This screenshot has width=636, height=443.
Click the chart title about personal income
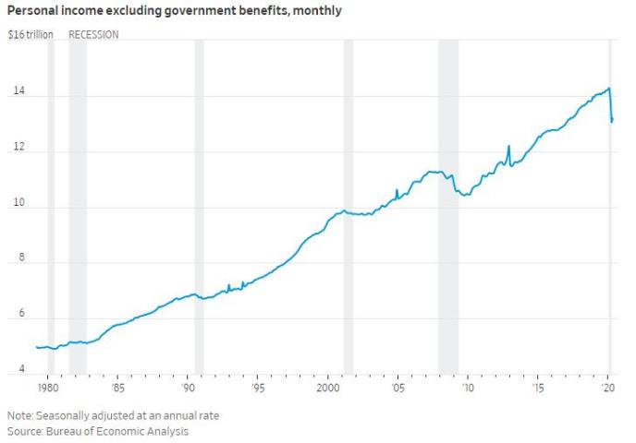175,11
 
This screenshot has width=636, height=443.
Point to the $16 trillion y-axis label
31,35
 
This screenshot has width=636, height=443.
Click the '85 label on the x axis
117,389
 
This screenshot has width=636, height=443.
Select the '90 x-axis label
188,389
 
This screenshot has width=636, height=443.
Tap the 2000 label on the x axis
328,389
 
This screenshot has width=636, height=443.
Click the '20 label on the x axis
608,389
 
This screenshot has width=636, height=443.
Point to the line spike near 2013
508,147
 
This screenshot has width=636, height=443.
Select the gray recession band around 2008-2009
448,203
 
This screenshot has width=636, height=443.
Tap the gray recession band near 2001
349,203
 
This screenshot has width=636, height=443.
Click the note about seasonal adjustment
113,415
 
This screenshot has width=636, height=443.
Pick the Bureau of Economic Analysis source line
97,431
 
